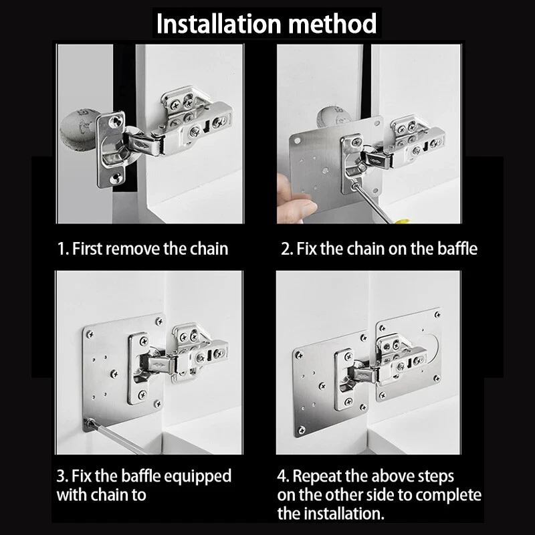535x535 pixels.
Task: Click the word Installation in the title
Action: pyautogui.click(x=219, y=24)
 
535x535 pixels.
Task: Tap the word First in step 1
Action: pyautogui.click(x=88, y=248)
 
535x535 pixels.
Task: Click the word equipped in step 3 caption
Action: pyautogui.click(x=198, y=477)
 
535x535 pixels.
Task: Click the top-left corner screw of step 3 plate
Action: pyautogui.click(x=90, y=334)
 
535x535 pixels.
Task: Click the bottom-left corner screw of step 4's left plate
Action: pyautogui.click(x=302, y=431)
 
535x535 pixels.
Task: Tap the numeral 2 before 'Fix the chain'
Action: pyautogui.click(x=286, y=249)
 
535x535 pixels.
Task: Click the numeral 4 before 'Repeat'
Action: pyautogui.click(x=282, y=477)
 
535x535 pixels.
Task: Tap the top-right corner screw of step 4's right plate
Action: pyautogui.click(x=438, y=314)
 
